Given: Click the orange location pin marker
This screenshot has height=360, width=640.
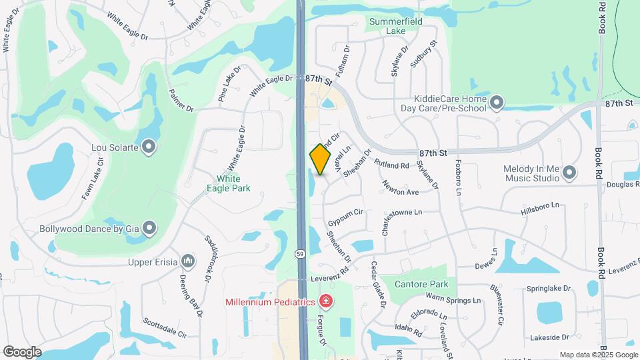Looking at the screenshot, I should pos(321,159).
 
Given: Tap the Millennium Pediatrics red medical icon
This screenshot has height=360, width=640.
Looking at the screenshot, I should pos(325,302).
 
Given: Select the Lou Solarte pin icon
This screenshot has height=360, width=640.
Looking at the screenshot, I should pos(149,146).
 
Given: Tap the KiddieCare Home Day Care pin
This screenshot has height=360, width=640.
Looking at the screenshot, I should pos(496,102).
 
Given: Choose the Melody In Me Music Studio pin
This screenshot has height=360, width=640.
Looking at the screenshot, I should pos(569,173).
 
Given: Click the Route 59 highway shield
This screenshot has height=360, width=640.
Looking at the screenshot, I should pos(301,253).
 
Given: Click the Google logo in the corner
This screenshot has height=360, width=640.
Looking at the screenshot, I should pos(22,351).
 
